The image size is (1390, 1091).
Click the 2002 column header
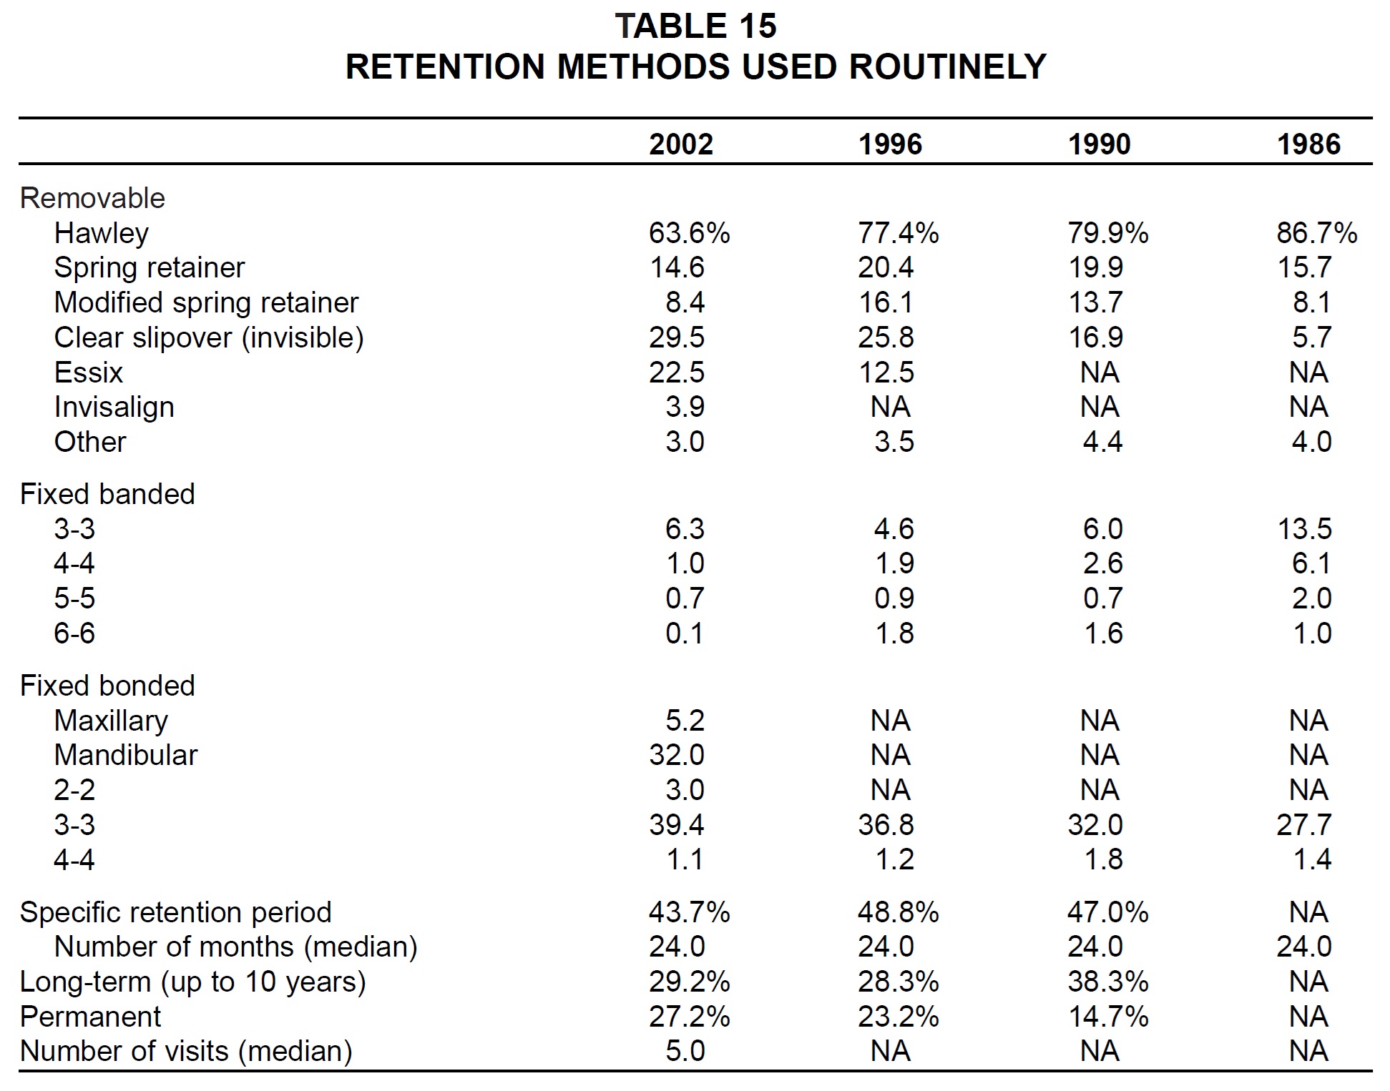point(681,144)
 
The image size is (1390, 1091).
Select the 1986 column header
point(1308,144)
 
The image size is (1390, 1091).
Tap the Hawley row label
point(102,234)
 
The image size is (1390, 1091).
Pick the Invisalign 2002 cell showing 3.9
point(685,407)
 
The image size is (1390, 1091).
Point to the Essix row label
point(88,372)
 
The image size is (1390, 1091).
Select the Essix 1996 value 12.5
point(886,372)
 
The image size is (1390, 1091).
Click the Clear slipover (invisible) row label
point(209,338)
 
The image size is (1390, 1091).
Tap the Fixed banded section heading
point(107,494)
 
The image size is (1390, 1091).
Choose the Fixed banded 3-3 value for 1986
point(1304,529)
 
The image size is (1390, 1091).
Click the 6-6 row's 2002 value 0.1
point(685,633)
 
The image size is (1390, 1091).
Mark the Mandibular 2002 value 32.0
point(677,755)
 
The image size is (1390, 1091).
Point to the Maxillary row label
point(111,721)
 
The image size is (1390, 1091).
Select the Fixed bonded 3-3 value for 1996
point(886,825)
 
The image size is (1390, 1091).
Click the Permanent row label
point(90,1017)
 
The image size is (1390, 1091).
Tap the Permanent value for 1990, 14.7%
point(1108,1017)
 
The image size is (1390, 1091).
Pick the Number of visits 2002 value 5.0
point(685,1051)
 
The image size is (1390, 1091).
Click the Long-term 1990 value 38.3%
point(1108,982)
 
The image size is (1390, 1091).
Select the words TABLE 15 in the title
point(695,26)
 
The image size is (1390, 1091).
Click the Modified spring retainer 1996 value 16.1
point(886,302)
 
